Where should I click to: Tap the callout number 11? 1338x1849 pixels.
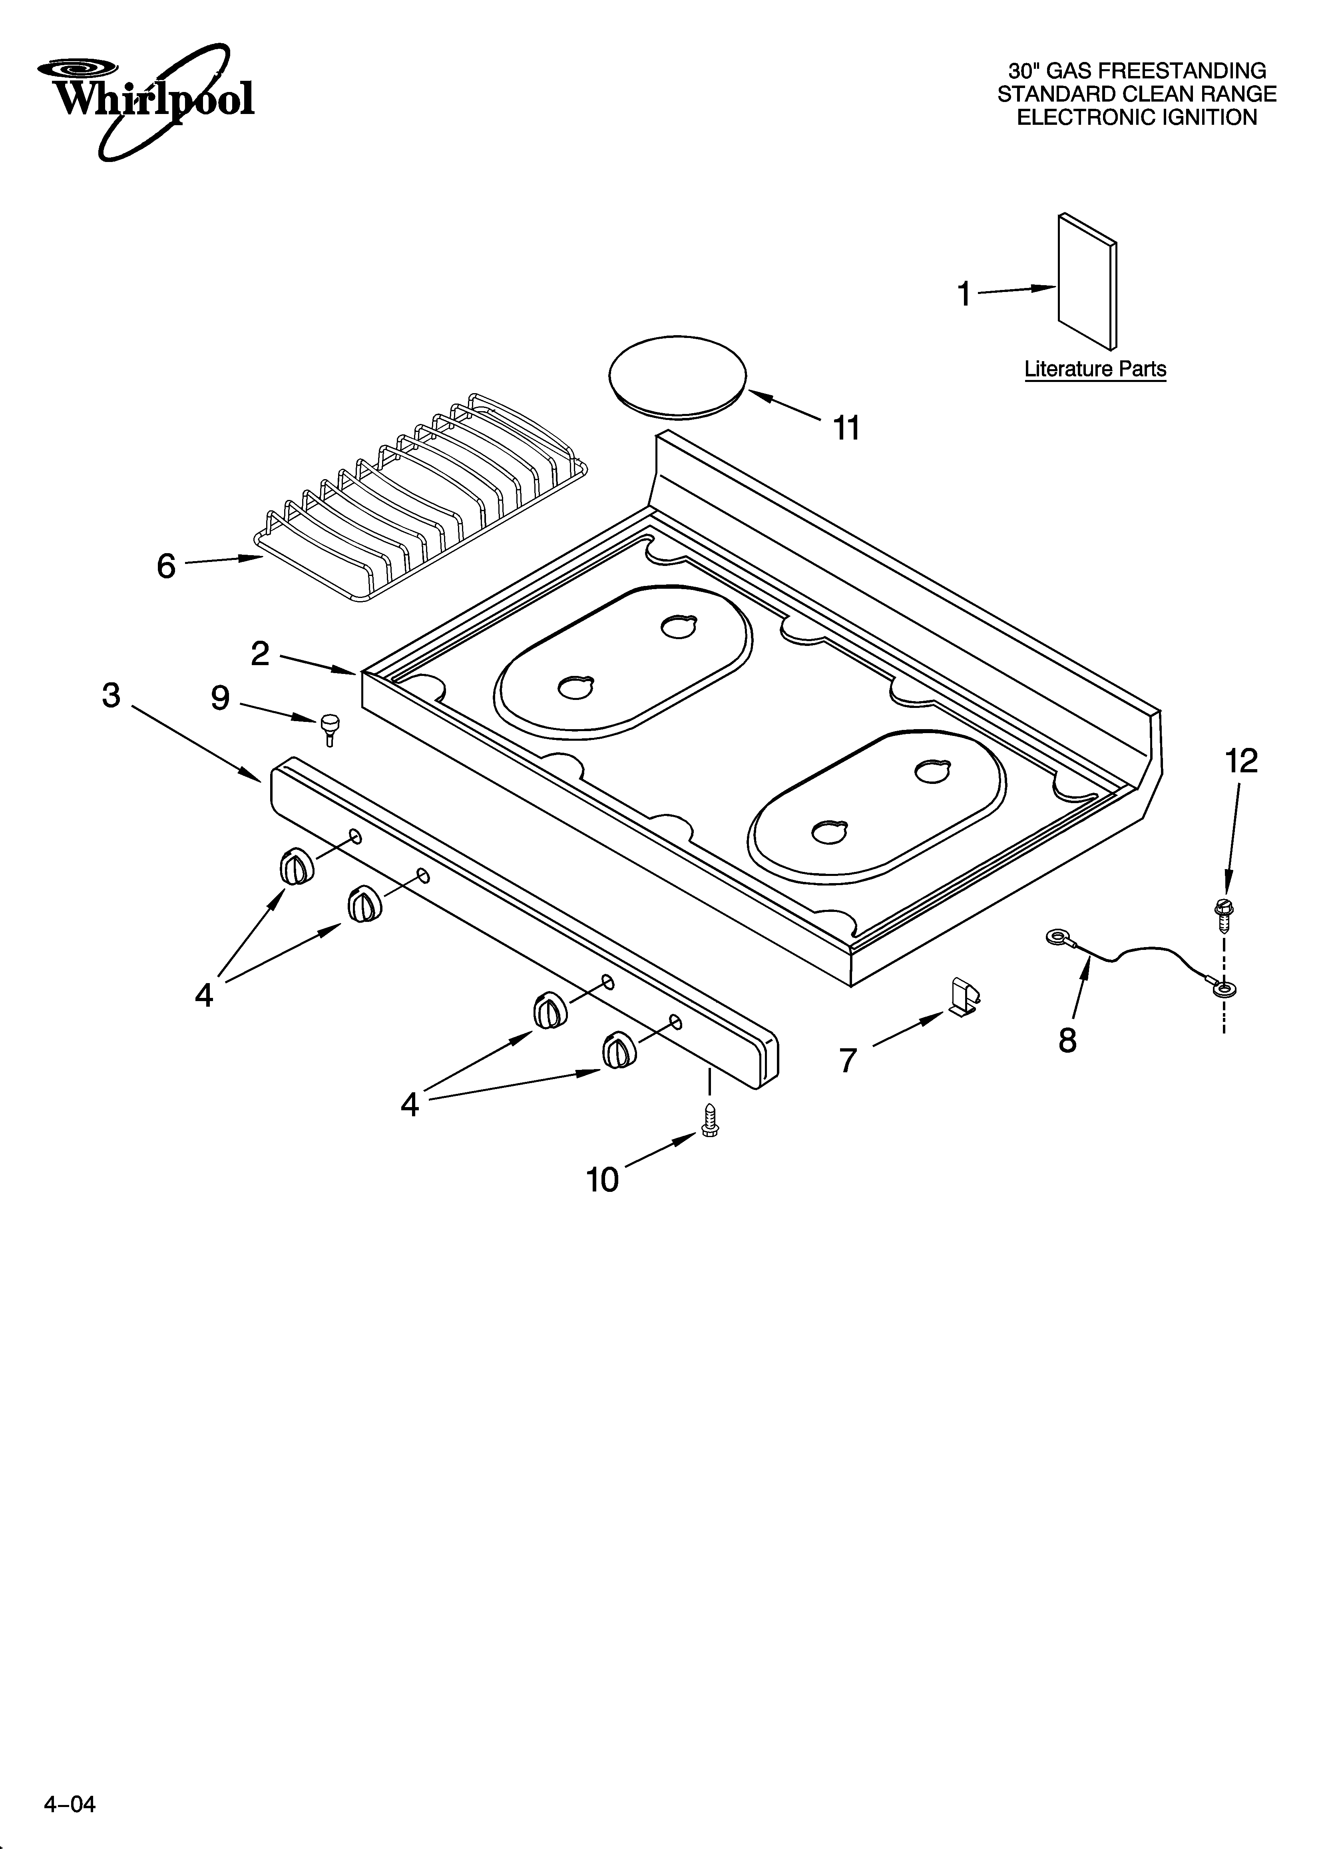(x=846, y=428)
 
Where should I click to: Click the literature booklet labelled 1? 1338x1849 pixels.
(x=1087, y=281)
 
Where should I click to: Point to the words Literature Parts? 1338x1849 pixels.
(x=1095, y=369)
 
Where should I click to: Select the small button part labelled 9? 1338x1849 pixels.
(x=330, y=726)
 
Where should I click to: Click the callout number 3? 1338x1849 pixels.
(x=111, y=696)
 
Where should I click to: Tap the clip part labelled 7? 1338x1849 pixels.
(x=964, y=999)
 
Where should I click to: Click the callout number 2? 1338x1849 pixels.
(x=260, y=654)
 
